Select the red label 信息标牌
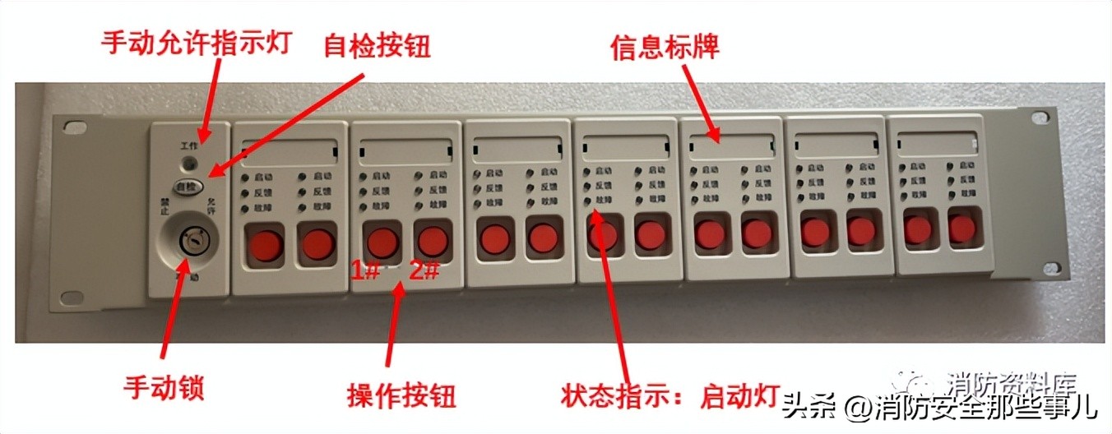tap(665, 46)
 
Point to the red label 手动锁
tap(164, 386)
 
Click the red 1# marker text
tap(365, 270)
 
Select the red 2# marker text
tap(424, 270)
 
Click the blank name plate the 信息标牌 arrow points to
tap(732, 145)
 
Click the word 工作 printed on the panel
tap(190, 145)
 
